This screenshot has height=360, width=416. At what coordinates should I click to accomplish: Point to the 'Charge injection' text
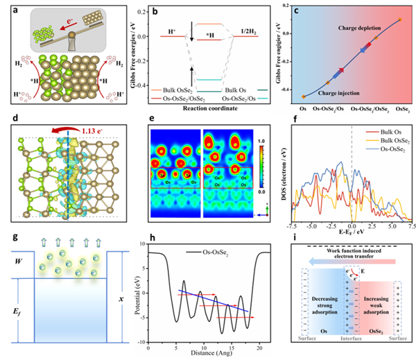[x=327, y=90]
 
